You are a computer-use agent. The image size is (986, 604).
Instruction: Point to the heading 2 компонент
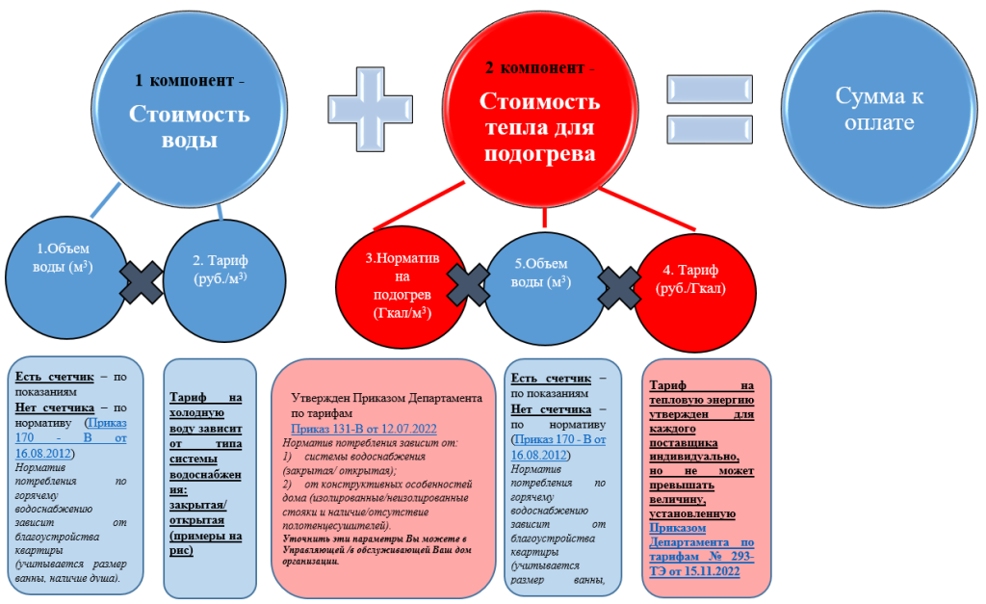tap(540, 69)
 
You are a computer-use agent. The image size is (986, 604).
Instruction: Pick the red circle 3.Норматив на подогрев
tap(398, 285)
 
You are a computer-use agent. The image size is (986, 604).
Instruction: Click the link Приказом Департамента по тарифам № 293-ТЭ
tap(703, 549)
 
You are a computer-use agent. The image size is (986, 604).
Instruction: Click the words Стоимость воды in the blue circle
tap(190, 127)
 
